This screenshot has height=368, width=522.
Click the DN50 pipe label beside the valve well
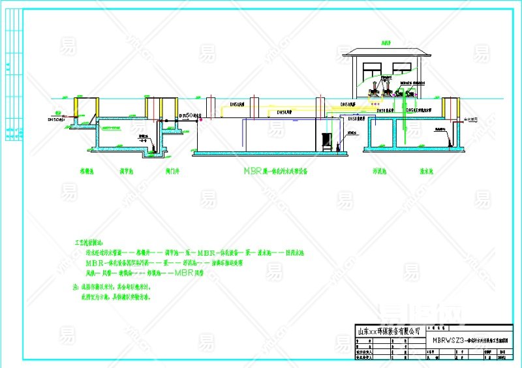[188, 115]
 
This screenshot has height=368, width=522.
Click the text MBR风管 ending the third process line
[185, 271]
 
